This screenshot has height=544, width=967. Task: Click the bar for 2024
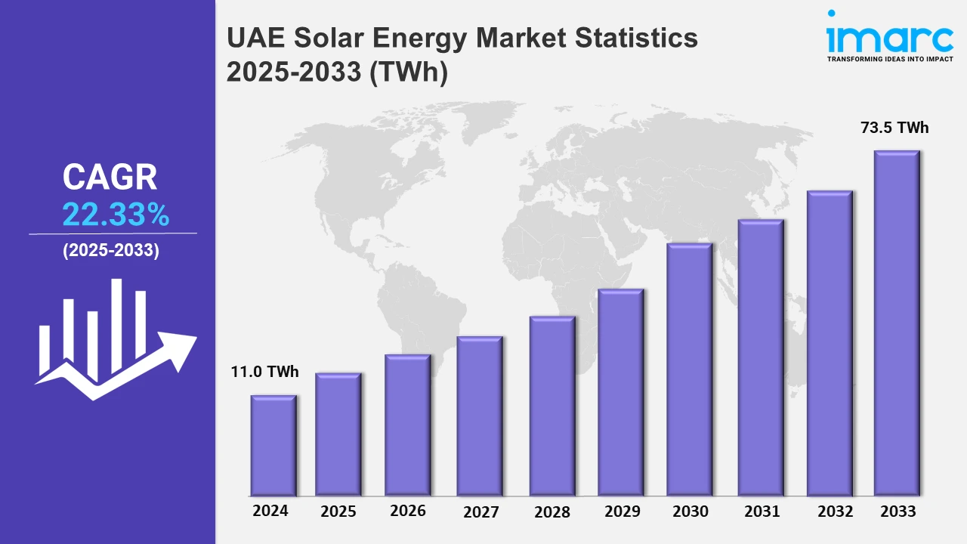273,445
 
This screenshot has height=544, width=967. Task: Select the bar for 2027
480,416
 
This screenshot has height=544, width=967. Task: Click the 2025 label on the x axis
338,512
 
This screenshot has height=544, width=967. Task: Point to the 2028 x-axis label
552,512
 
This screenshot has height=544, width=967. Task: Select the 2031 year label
762,512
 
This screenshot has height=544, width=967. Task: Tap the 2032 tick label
834,512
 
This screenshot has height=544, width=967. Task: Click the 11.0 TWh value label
264,372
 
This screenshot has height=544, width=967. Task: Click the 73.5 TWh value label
894,128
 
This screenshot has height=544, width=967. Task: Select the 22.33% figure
116,215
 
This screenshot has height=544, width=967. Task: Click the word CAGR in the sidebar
110,178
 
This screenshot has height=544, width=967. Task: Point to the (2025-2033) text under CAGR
111,251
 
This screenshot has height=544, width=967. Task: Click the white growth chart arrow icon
115,340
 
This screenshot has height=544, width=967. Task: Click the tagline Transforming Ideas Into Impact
889,58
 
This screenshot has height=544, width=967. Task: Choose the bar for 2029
620,392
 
